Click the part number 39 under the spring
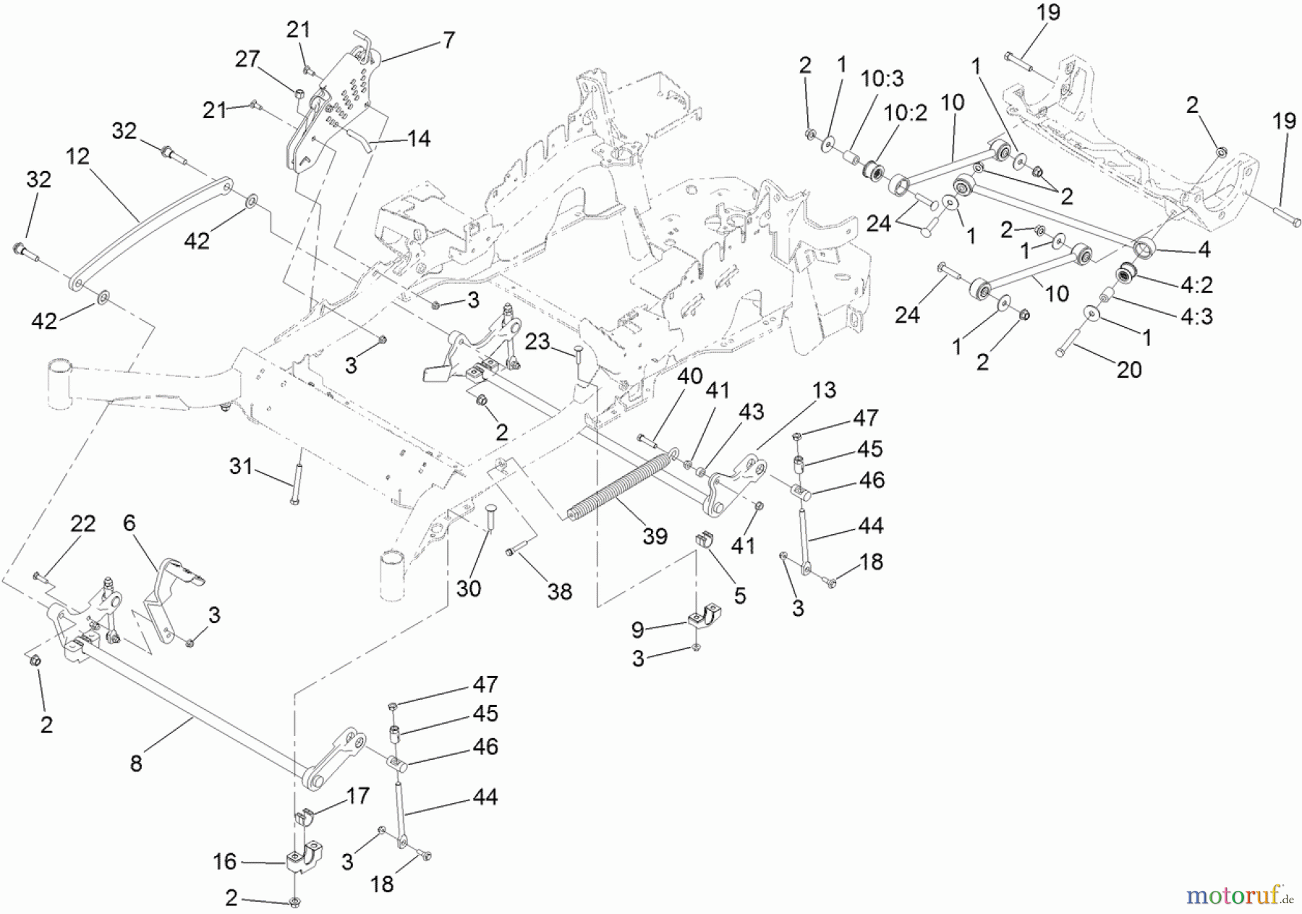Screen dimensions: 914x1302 tap(655, 537)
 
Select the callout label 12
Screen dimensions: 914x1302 tap(78, 156)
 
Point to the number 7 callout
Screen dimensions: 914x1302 tap(448, 41)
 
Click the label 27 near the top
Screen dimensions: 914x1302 tap(247, 59)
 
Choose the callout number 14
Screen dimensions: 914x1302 tap(418, 138)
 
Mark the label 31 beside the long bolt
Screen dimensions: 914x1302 tap(241, 467)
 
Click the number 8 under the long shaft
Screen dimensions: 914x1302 tap(136, 763)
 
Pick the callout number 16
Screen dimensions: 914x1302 tap(225, 861)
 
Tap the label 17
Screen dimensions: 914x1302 tap(357, 797)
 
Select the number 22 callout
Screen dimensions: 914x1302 tap(83, 524)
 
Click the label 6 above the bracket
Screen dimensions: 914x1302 tap(129, 522)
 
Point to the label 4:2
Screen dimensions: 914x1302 tap(1196, 285)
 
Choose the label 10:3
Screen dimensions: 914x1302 tap(882, 79)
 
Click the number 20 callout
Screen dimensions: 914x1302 tap(1128, 370)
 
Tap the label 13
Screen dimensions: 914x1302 tap(824, 391)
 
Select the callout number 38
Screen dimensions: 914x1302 tap(560, 592)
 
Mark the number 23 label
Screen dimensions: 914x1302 tap(537, 342)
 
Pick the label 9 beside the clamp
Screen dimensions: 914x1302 tap(637, 630)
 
